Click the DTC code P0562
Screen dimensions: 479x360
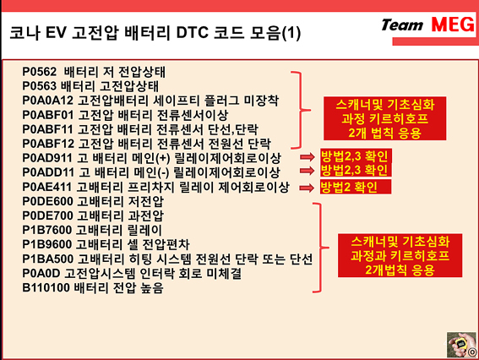pos(40,72)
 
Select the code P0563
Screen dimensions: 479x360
pos(40,86)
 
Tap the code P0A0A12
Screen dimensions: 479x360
pos(48,101)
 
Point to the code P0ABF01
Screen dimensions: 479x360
pos(48,115)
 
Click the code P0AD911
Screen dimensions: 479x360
pos(47,158)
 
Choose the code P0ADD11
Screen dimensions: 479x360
pos(48,172)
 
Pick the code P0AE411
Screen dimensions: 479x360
pos(47,187)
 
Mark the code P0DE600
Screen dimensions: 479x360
pos(47,201)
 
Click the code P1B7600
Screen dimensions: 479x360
pos(47,230)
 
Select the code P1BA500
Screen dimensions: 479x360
pos(48,259)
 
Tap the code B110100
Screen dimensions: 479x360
pos(46,288)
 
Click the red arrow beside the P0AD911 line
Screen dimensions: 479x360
pos(307,157)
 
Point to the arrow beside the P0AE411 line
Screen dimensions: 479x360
pos(307,188)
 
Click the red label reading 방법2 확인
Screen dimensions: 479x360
pos(356,187)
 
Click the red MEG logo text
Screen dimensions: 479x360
pos(453,25)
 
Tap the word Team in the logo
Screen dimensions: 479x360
pos(402,25)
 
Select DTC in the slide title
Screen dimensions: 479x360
pos(192,33)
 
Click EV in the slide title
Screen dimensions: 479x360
pos(56,33)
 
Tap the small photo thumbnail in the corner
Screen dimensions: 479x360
pos(461,345)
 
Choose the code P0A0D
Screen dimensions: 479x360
pos(41,274)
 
